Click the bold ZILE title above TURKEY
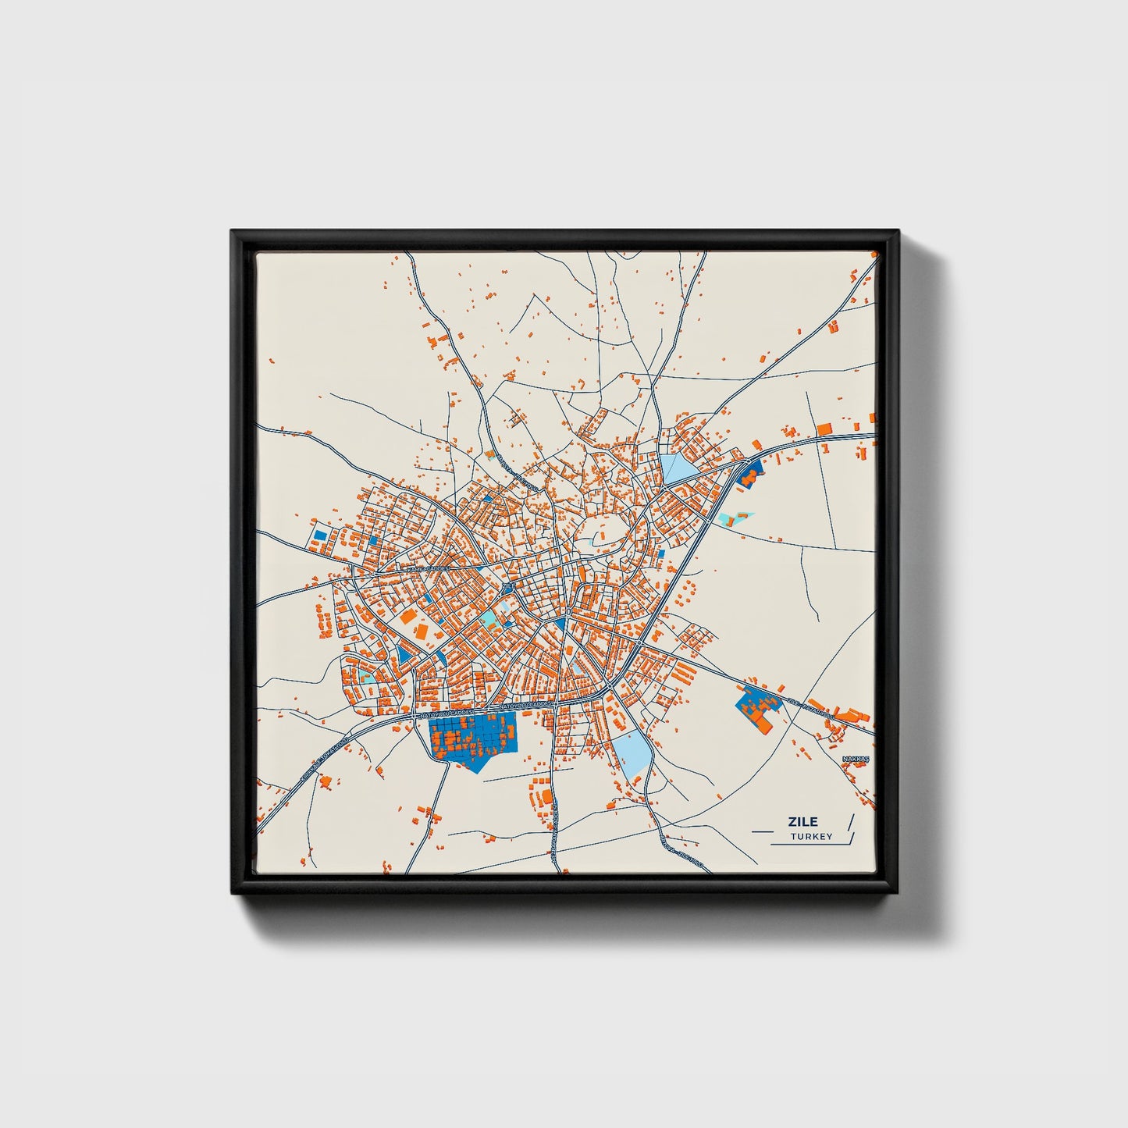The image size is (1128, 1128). tap(802, 821)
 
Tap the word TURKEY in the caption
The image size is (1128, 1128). tap(811, 837)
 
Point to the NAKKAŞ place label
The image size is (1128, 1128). tap(855, 759)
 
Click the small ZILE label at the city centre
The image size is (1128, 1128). tap(508, 585)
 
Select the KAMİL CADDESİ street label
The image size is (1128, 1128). tap(427, 569)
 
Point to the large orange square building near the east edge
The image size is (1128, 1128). tap(824, 428)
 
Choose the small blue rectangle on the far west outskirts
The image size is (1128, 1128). tap(319, 536)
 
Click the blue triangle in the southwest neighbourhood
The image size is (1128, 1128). tap(404, 653)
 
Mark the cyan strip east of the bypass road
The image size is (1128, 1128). tap(735, 517)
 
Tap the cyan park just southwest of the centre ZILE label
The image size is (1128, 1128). tap(489, 618)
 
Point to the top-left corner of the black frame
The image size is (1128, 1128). tap(233, 233)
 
